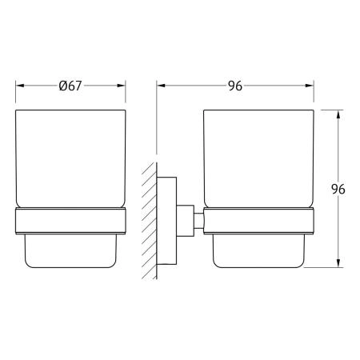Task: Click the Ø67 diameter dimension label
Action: pos(70,86)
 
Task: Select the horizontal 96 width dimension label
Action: pos(235,86)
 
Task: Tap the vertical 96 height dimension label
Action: pos(338,189)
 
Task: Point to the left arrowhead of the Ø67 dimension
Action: pos(20,86)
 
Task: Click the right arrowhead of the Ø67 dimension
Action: pos(121,86)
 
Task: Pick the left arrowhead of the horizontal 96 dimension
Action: pos(161,86)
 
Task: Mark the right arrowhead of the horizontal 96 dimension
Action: pos(310,86)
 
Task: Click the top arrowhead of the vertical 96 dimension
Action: pos(338,114)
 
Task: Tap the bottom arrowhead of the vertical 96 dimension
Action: pos(338,263)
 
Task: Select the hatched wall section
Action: pos(150,221)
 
